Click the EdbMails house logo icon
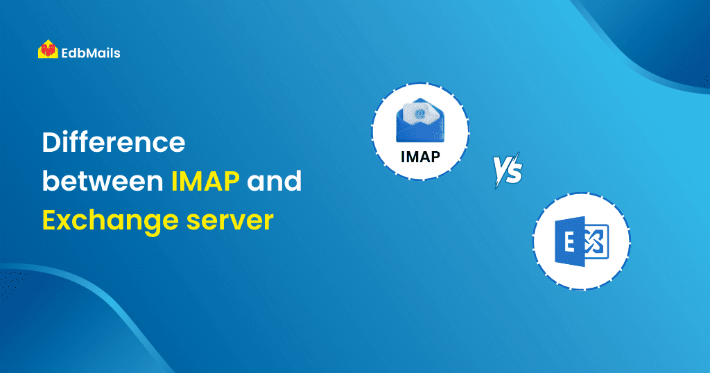click(48, 49)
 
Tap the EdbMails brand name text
click(91, 53)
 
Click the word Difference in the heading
click(114, 142)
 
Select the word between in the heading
click(103, 181)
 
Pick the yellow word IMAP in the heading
click(205, 181)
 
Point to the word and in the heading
click(274, 181)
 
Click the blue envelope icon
click(420, 120)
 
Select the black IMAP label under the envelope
click(420, 157)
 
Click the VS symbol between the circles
click(508, 170)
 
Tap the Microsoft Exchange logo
click(582, 241)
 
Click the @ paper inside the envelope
click(420, 113)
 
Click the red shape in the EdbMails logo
click(48, 49)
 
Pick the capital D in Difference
click(52, 143)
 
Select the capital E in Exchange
click(50, 220)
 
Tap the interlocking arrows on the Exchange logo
click(594, 242)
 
